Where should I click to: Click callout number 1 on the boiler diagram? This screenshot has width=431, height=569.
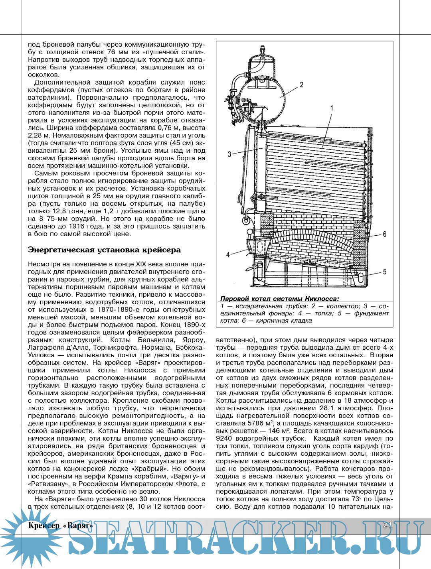332,108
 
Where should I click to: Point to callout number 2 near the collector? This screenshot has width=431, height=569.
301,85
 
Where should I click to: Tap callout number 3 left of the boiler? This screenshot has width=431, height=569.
229,154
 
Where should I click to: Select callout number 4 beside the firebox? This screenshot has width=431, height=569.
228,254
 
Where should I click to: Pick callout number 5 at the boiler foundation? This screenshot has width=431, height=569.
384,272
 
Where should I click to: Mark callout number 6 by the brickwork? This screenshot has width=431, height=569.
384,234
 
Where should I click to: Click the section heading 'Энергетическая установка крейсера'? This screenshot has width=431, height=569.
104,250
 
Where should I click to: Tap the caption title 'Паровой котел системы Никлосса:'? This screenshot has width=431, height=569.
279,299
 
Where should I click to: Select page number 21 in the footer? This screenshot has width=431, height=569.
387,525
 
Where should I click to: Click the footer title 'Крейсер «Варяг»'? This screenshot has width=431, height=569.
61,526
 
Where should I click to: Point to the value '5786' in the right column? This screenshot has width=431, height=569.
256,423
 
